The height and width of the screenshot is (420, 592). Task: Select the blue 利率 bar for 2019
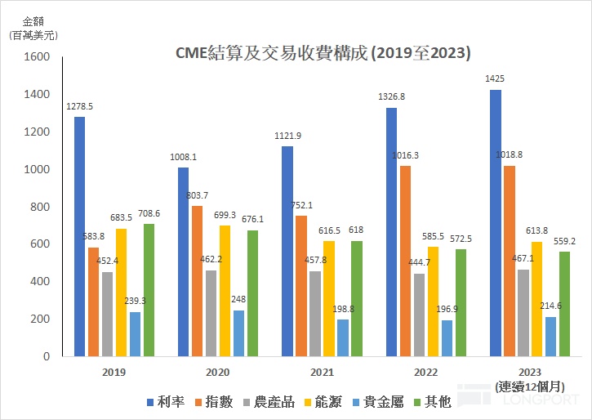pos(79,237)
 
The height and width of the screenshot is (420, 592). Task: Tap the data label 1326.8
pos(392,97)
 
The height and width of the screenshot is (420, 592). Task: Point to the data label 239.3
pos(135,300)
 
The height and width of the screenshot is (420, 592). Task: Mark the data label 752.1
pos(300,205)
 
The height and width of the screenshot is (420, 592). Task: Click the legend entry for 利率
pos(167,401)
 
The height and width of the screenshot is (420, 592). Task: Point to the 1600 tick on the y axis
pos(38,57)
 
